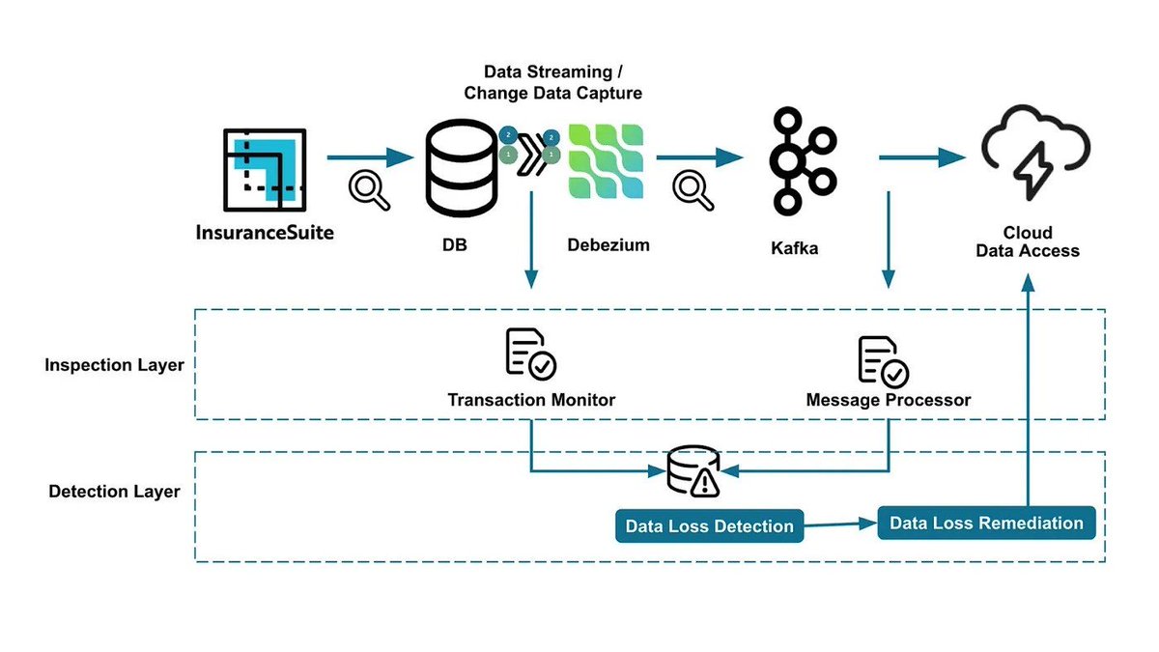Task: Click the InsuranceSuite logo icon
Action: [x=264, y=172]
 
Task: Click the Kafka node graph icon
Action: [x=799, y=160]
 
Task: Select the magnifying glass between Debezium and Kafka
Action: [x=693, y=189]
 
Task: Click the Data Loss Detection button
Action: [x=710, y=526]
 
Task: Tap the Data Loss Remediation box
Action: [x=986, y=523]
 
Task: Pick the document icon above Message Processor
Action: [x=883, y=360]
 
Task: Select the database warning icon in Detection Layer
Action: [x=693, y=471]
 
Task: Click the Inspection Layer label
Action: [x=114, y=366]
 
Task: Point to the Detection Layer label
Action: [x=114, y=492]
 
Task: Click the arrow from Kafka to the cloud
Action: [x=922, y=157]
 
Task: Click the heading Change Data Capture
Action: [x=552, y=94]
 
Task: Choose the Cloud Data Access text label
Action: [x=1028, y=242]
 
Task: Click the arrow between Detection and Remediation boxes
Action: [x=840, y=524]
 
